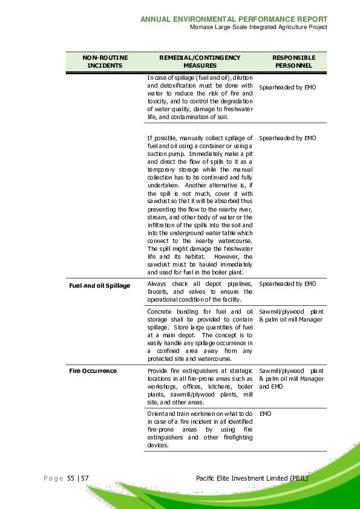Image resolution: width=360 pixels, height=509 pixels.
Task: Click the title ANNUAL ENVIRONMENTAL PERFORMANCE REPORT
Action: tap(234, 19)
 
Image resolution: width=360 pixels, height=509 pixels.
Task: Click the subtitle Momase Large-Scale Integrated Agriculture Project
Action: tap(258, 27)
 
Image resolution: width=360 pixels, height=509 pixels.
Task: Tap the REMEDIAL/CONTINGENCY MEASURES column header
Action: tap(200, 62)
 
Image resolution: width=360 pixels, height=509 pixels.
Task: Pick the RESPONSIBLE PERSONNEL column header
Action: tap(293, 62)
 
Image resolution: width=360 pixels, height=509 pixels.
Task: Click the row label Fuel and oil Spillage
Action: tap(99, 285)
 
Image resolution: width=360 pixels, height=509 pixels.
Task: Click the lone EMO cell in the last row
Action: tap(265, 414)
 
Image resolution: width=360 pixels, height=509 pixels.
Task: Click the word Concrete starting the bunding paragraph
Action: tap(160, 312)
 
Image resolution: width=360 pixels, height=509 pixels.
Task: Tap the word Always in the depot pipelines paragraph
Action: tap(157, 284)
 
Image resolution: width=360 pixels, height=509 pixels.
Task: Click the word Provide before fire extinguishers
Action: tap(158, 371)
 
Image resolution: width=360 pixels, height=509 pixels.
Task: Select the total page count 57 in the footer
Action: tap(85, 478)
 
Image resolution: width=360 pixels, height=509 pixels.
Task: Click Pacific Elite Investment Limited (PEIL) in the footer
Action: tap(252, 478)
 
